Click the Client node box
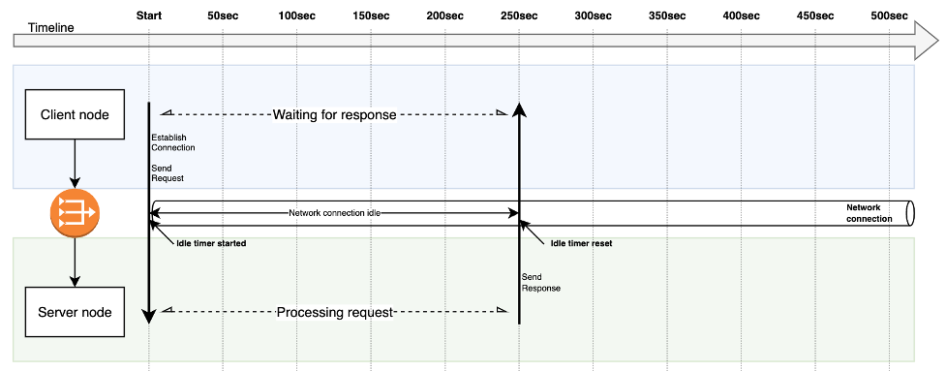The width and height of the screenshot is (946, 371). [x=75, y=115]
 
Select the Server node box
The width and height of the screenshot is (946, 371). [x=75, y=312]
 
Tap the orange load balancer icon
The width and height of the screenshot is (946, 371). [x=76, y=212]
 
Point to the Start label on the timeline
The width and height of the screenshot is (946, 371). [x=149, y=15]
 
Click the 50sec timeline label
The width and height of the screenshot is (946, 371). [x=224, y=15]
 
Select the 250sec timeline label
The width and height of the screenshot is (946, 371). [x=519, y=15]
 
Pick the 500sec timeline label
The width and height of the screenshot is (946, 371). [x=889, y=15]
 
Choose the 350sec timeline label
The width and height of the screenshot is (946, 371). [x=666, y=15]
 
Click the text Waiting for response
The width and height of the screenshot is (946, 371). [x=334, y=114]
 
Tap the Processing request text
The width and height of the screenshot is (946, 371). [x=335, y=313]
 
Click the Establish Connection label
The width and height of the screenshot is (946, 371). [x=173, y=142]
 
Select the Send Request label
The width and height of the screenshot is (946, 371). [x=168, y=172]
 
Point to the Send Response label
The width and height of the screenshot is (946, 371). [x=541, y=282]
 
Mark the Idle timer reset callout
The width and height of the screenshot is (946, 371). [x=581, y=243]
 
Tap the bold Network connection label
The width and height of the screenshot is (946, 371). [x=869, y=212]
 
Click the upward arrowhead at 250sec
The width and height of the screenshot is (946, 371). [x=519, y=109]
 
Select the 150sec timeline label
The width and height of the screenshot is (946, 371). [x=372, y=15]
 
